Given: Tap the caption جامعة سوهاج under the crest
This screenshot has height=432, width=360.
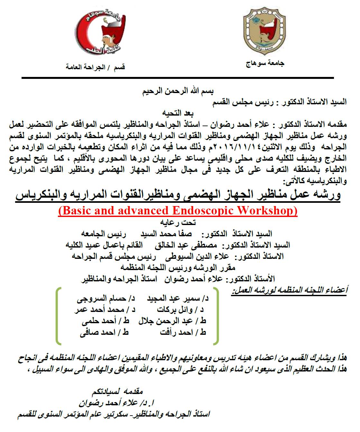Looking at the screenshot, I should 265,63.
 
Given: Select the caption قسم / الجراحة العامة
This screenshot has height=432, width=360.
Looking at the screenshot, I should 95,67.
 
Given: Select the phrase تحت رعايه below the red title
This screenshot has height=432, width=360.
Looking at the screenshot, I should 178,222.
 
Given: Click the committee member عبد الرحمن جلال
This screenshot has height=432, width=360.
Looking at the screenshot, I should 165,321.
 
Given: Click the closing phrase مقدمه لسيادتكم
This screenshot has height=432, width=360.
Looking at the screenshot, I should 117,391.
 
